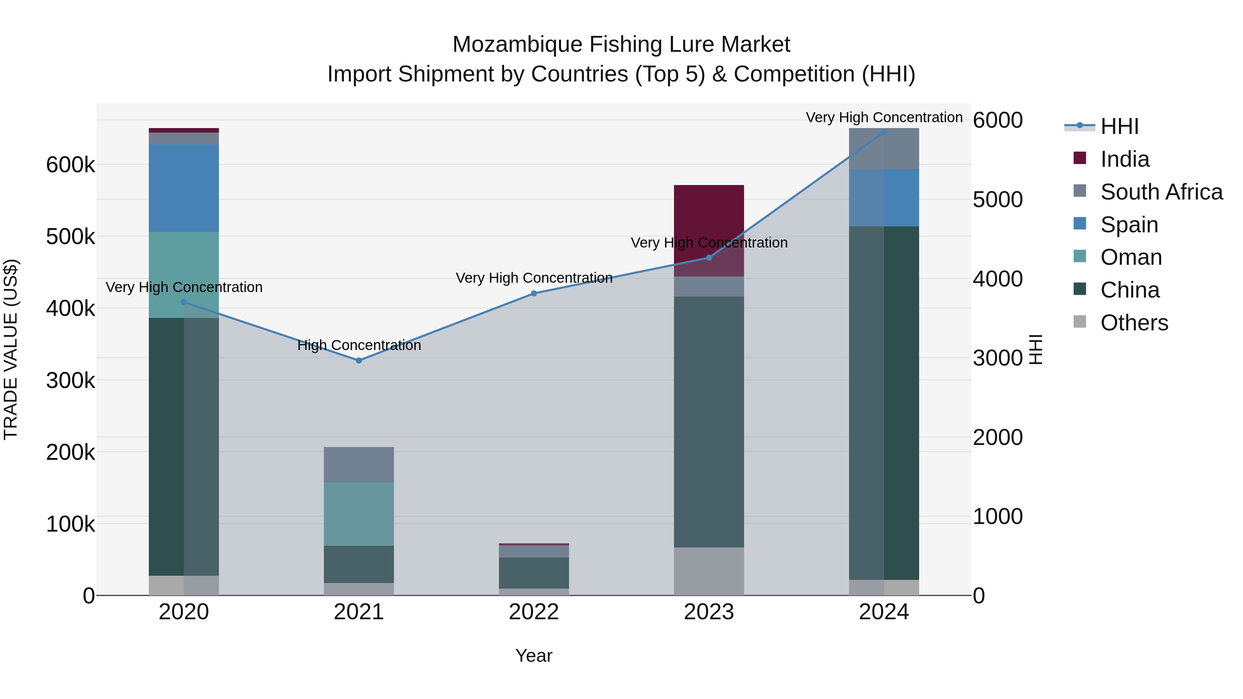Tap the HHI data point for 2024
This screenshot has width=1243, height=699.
pos(884,132)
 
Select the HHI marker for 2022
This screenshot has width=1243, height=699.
pos(534,293)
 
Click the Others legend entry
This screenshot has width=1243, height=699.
pos(1134,323)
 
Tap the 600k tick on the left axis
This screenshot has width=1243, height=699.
pos(70,165)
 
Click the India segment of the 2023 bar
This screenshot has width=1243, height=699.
pos(709,212)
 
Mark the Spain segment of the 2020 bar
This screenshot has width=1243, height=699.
pos(184,188)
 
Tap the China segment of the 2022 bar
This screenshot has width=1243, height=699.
pos(534,573)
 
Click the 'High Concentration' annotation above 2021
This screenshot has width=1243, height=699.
pos(359,346)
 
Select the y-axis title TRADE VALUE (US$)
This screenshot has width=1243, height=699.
pos(11,349)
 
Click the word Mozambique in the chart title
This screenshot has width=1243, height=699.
pos(518,45)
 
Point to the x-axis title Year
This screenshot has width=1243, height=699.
pos(534,656)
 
